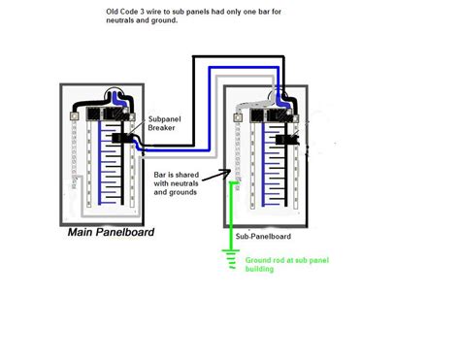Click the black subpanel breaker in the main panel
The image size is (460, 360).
click(x=123, y=139)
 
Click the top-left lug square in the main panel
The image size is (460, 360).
click(x=75, y=115)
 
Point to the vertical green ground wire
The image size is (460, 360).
click(x=231, y=213)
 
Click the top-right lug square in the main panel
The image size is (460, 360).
click(x=138, y=115)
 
